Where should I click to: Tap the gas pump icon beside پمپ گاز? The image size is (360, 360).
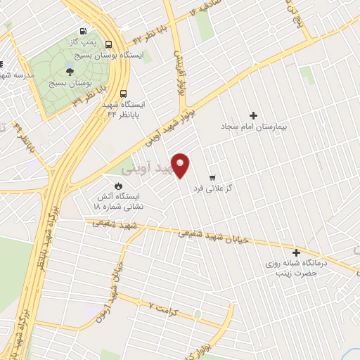coord(84,32)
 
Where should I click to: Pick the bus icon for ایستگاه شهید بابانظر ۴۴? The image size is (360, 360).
coord(124,94)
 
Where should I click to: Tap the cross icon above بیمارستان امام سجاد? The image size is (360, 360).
coord(254,115)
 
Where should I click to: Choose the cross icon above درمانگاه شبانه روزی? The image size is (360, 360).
coord(296,252)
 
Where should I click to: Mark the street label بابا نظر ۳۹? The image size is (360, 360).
coord(91,95)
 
